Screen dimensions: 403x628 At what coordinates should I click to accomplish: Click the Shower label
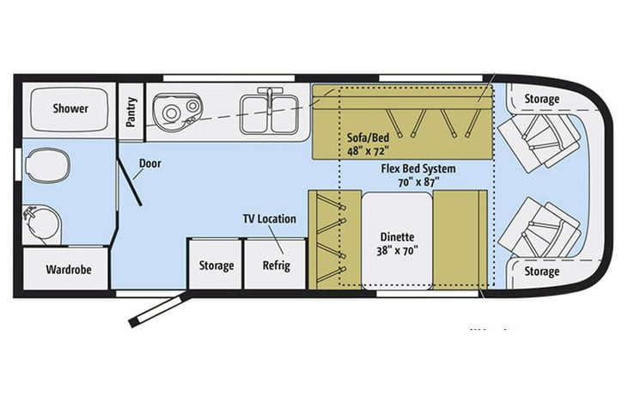click(70, 108)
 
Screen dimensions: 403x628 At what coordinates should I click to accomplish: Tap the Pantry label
click(131, 109)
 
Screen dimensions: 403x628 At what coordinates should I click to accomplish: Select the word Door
click(149, 162)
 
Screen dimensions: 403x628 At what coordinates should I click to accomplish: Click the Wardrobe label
click(68, 269)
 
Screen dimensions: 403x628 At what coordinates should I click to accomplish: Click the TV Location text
click(269, 219)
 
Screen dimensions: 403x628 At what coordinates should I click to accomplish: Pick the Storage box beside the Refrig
click(216, 265)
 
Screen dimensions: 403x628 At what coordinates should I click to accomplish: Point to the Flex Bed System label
click(418, 168)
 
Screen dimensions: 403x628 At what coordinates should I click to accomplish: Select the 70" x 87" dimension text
click(418, 182)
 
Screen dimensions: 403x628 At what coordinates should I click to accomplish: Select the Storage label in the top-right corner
click(541, 99)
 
